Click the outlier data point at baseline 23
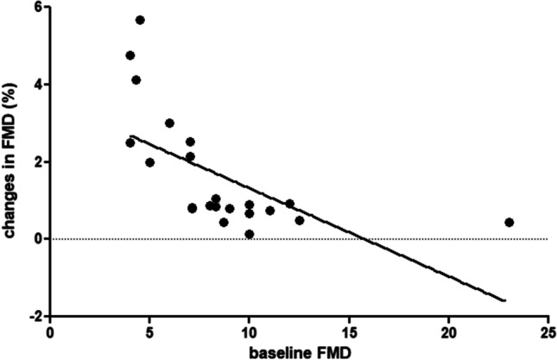click(509, 222)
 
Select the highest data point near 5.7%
click(140, 20)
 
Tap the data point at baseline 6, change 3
click(169, 123)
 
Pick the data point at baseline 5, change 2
click(149, 162)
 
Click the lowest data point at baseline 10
click(250, 234)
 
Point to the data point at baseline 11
click(269, 211)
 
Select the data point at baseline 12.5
click(300, 220)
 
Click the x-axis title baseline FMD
click(299, 351)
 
